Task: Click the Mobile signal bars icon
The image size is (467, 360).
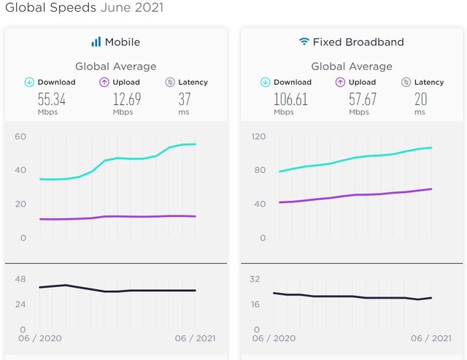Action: point(96,42)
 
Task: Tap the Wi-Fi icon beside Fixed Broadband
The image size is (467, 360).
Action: point(304,42)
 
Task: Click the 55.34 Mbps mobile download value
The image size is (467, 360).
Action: point(51,99)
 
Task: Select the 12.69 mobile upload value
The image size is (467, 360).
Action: point(127,99)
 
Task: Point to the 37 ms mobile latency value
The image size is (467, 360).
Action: point(186,99)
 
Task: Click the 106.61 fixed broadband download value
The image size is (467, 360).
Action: point(291,99)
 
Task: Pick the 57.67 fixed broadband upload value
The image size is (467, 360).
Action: point(363,99)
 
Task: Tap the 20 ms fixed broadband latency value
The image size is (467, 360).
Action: point(421,99)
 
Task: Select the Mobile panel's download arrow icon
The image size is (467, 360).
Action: point(29,83)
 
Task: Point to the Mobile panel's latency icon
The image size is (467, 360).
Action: point(170,83)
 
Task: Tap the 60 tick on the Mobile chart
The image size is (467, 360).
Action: point(20,137)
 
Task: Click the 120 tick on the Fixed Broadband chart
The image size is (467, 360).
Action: point(259,137)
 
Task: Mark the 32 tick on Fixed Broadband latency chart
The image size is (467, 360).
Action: point(256,278)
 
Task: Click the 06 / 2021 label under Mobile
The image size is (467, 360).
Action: point(196,338)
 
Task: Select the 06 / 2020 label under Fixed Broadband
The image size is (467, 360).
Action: point(274,338)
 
